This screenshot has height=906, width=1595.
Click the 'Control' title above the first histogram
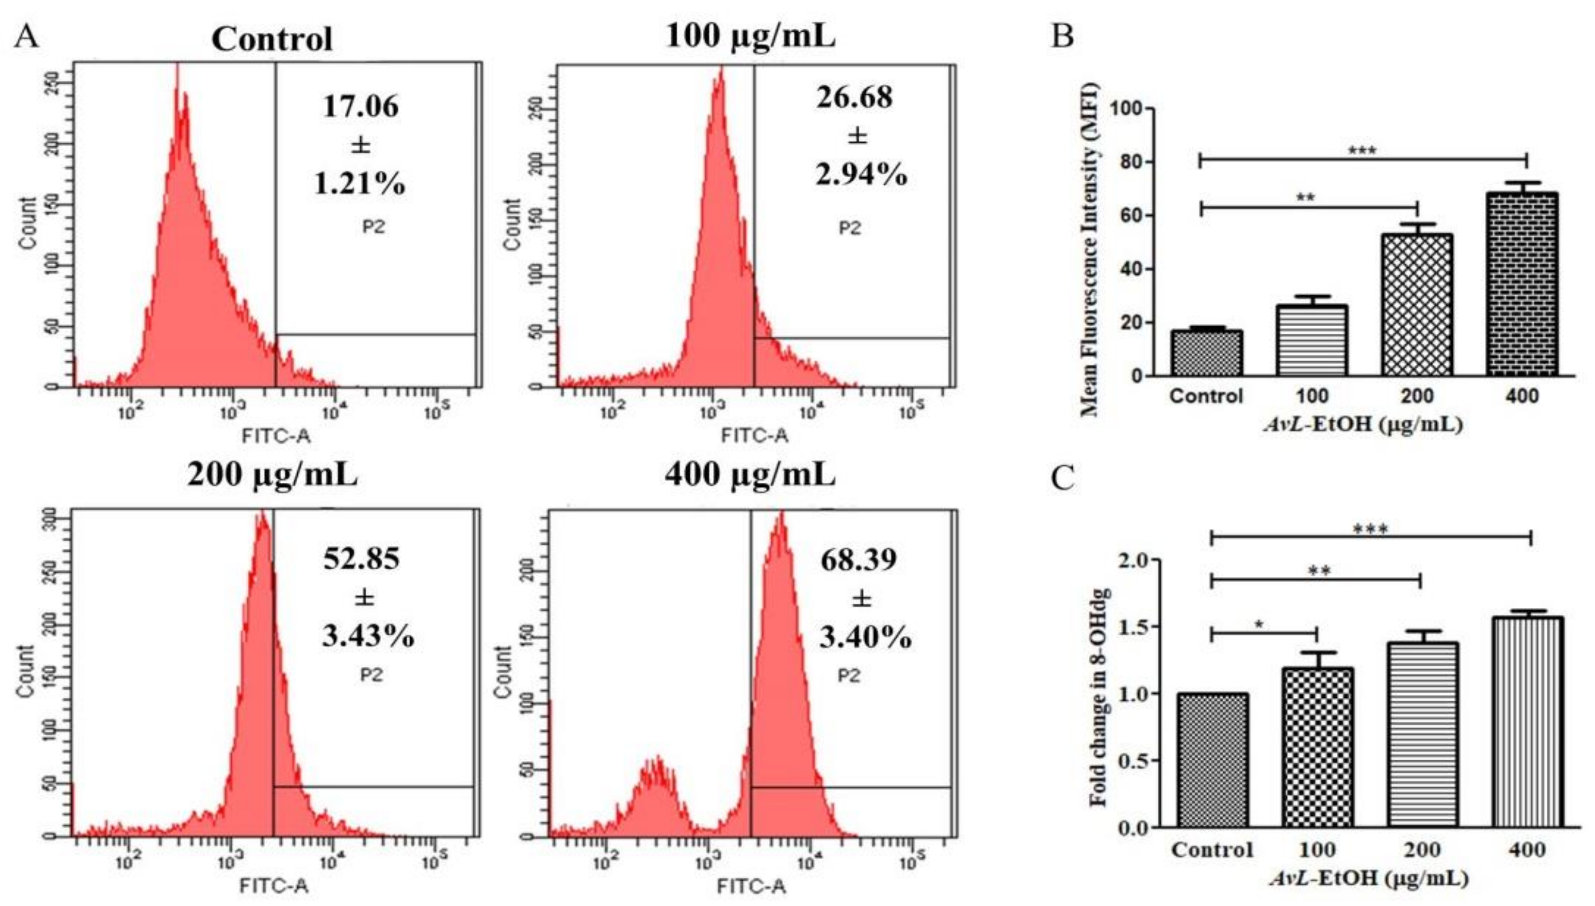pos(272,39)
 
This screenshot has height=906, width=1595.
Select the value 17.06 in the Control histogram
pos(360,107)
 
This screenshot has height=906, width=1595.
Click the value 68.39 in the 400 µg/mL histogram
pos(858,560)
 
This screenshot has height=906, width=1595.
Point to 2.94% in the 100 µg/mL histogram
pos(861,175)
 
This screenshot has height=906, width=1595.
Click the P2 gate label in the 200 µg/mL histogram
pos(372,674)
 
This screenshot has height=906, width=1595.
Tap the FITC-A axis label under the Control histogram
pos(276,436)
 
